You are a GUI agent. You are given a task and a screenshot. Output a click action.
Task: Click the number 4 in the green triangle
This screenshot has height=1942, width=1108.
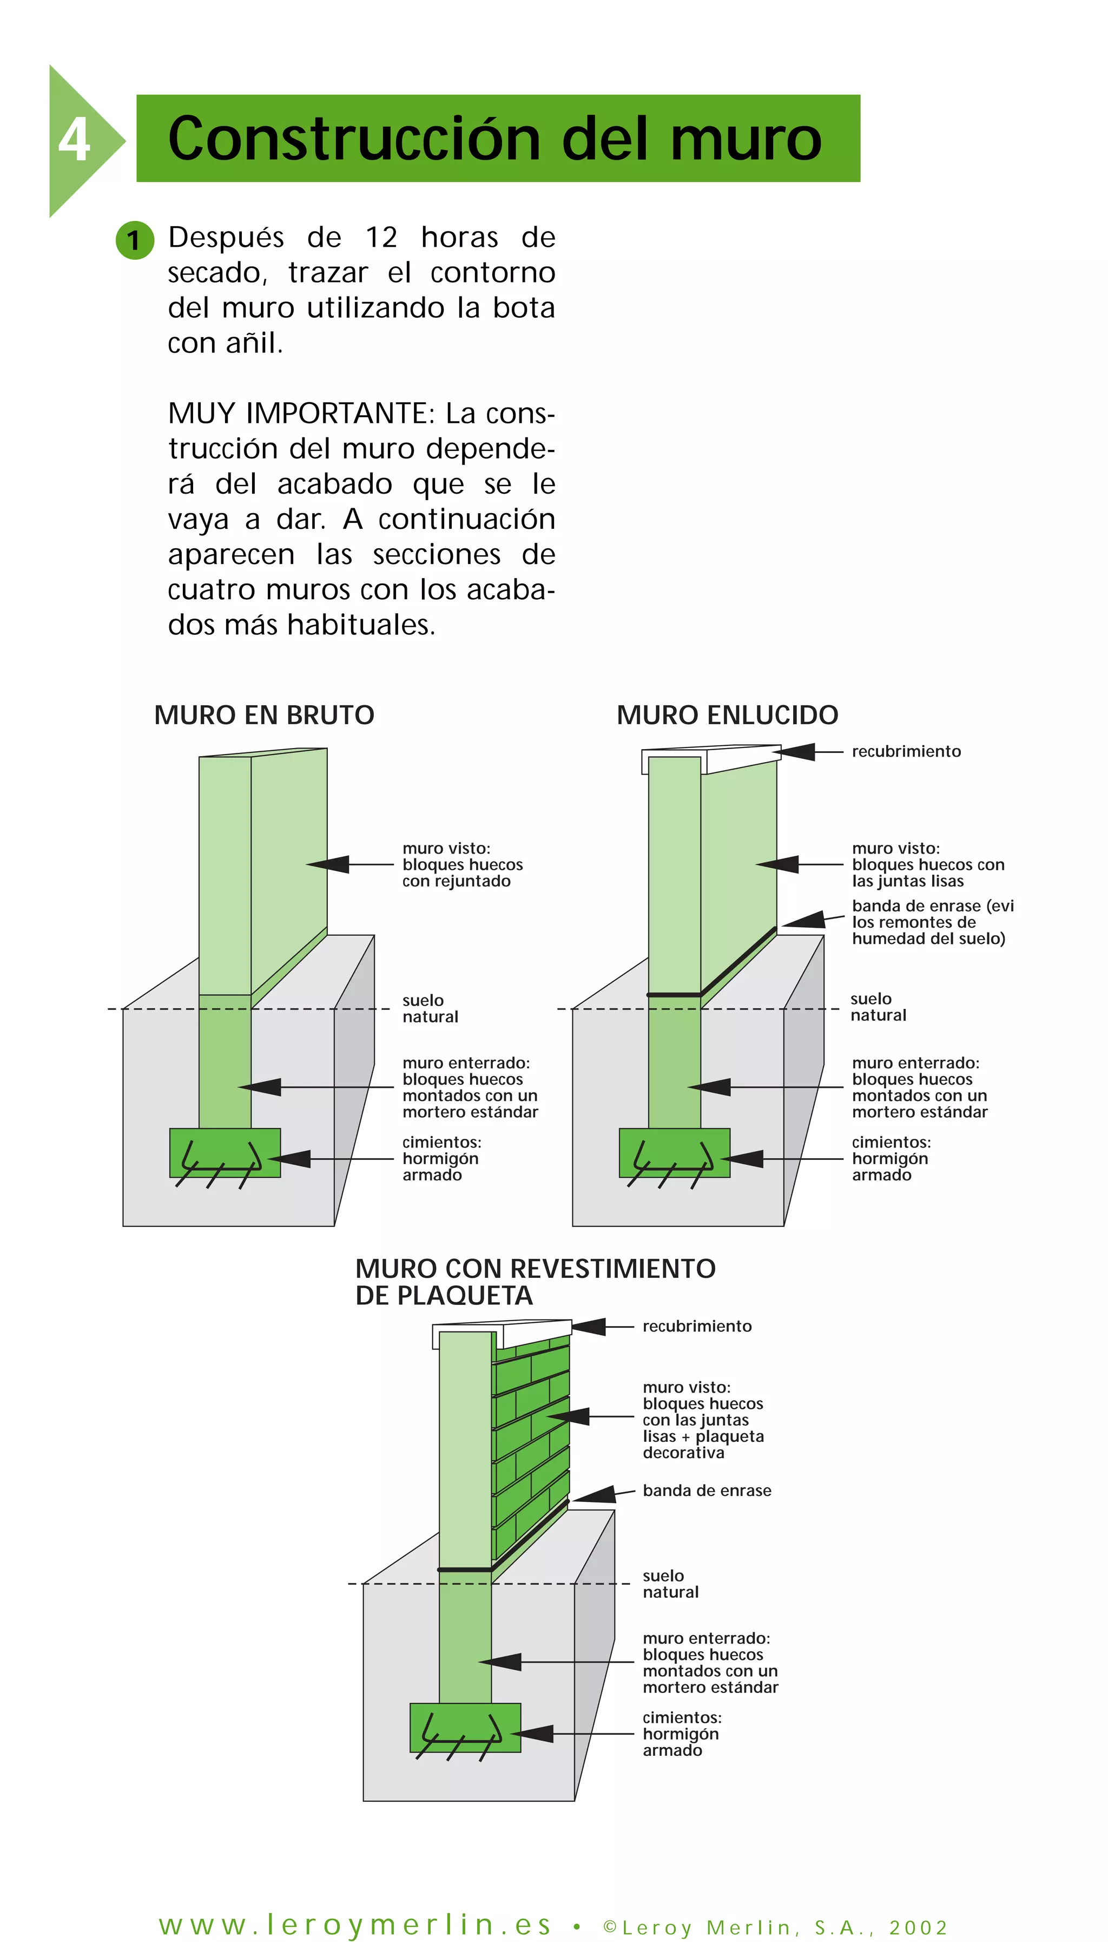coord(74,140)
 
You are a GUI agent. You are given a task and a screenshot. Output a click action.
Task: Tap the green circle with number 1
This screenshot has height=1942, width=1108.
coord(135,240)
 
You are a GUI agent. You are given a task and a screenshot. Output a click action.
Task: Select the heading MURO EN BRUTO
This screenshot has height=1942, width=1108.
coord(263,715)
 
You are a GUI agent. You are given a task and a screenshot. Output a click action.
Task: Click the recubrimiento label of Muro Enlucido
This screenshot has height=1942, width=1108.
coord(906,751)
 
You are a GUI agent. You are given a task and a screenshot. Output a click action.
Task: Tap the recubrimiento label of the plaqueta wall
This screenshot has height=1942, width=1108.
coord(696,1326)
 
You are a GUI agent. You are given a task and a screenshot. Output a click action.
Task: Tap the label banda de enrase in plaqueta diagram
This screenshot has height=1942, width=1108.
coord(706,1490)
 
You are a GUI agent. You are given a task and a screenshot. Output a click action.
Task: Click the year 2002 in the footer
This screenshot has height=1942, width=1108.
coord(918,1927)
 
